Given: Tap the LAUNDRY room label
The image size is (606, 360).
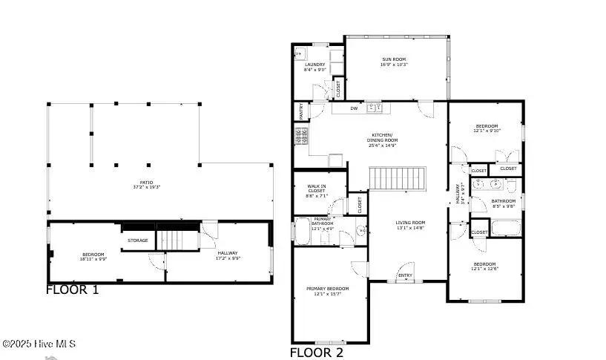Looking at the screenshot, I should [x=315, y=65].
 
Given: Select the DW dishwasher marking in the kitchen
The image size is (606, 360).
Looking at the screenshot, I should [x=354, y=109].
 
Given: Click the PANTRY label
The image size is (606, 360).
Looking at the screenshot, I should [x=301, y=111].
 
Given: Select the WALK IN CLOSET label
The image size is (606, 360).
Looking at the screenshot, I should [x=317, y=191].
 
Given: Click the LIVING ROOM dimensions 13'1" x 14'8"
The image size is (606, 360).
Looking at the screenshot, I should [x=409, y=229].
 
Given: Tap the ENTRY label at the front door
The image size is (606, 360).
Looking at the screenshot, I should [x=405, y=275].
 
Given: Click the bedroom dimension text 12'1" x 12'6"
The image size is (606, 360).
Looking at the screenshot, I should [x=485, y=269].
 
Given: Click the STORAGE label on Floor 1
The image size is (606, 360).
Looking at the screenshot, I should [x=138, y=240].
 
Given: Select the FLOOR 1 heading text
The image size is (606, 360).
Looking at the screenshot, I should [x=72, y=290].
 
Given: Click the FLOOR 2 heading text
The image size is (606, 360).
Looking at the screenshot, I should [x=316, y=353].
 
